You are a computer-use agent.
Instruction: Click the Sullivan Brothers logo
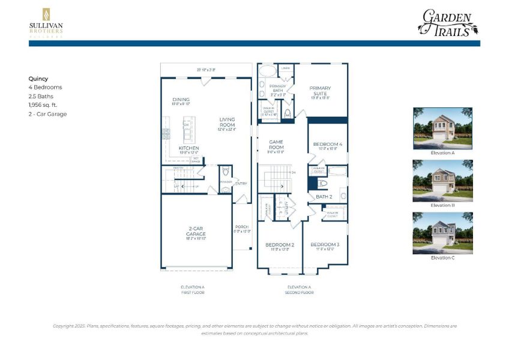(x=46, y=22)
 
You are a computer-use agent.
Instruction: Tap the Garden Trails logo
(x=447, y=23)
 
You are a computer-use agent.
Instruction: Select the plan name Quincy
(x=38, y=78)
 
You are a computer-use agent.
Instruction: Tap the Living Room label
(x=227, y=122)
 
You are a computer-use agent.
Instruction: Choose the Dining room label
(x=181, y=100)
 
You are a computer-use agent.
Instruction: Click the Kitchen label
(x=188, y=148)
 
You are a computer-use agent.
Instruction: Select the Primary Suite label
(x=320, y=91)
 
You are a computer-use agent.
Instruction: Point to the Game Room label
(x=276, y=144)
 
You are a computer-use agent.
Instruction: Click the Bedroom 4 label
(x=328, y=144)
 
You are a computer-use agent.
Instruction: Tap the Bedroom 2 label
(x=280, y=245)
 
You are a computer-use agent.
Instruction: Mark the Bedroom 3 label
(x=325, y=245)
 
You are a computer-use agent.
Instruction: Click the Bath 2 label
(x=324, y=196)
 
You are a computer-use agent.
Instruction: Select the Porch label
(x=241, y=227)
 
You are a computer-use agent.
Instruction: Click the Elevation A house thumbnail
(x=442, y=128)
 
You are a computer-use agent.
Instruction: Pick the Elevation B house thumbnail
(x=442, y=181)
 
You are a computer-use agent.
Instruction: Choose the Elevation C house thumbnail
(x=442, y=232)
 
